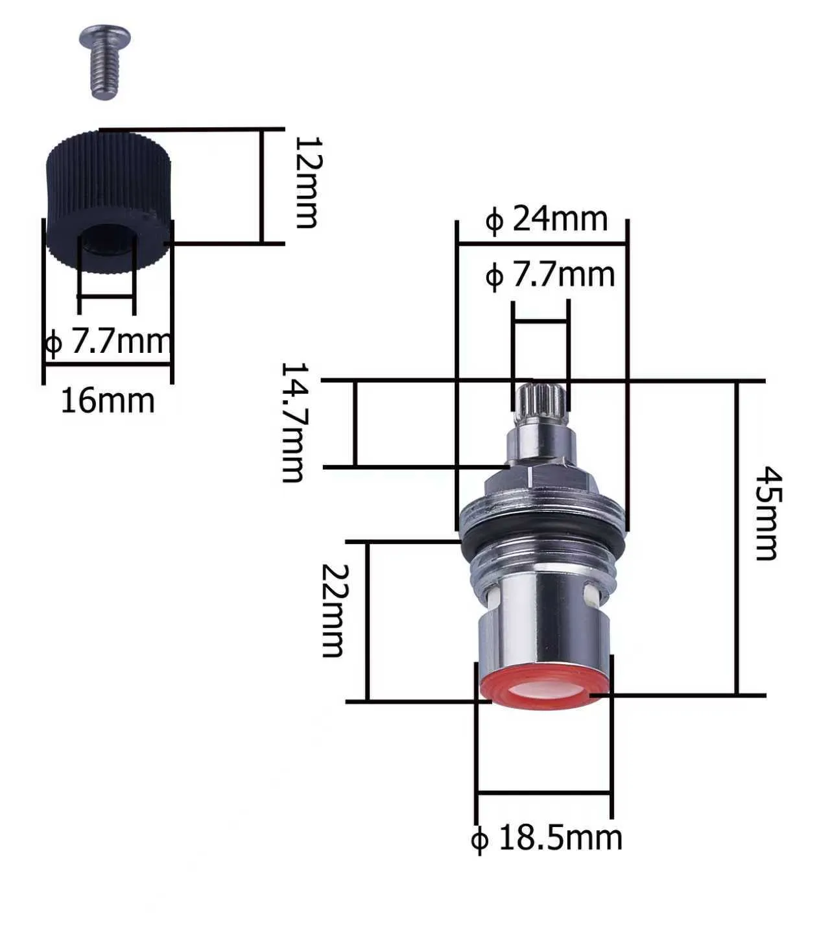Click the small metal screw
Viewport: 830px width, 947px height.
105,61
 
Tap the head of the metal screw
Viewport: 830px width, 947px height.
105,37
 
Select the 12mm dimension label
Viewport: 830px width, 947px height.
307,182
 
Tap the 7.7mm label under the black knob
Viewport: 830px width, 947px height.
108,342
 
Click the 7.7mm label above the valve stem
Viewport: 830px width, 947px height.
550,275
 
